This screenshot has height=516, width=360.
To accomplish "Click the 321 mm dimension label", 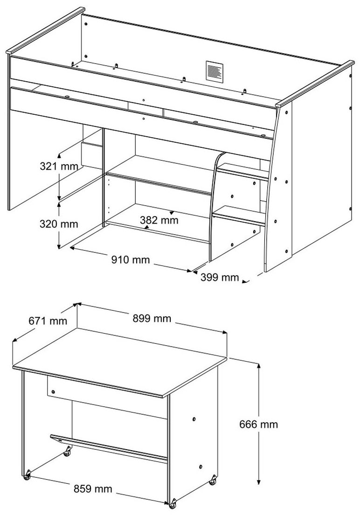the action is click(59, 166).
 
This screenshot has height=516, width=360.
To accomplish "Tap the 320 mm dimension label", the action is click(59, 224).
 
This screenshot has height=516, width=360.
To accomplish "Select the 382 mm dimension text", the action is click(159, 220).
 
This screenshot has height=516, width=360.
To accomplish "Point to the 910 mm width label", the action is click(130, 260).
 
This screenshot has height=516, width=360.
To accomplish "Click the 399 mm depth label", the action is click(220, 278).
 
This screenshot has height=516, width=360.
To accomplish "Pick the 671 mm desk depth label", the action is click(48, 321).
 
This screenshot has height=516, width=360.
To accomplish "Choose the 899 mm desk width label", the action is click(152, 318).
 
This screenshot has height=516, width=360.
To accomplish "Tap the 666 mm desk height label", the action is click(258, 425).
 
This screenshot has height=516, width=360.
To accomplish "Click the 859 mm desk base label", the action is click(92, 489).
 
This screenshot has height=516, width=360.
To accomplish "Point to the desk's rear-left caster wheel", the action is click(67, 452).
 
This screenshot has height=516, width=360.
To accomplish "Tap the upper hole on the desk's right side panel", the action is click(194, 419).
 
